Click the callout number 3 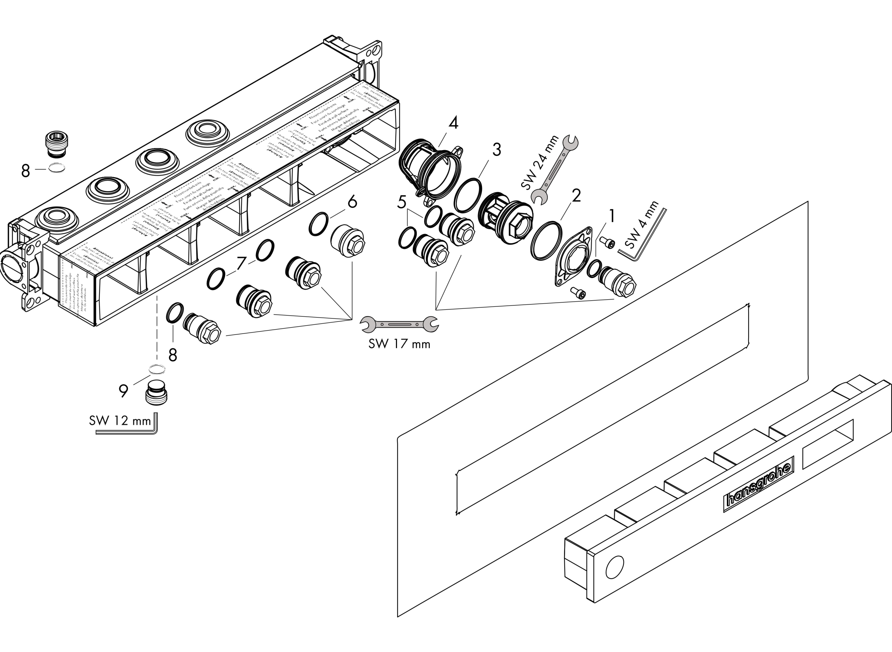pyautogui.click(x=496, y=150)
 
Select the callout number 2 pyautogui.click(x=576, y=196)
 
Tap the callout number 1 pyautogui.click(x=612, y=216)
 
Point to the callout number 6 pyautogui.click(x=352, y=202)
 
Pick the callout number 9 pyautogui.click(x=124, y=391)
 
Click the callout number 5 pyautogui.click(x=401, y=203)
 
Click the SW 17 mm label pyautogui.click(x=399, y=344)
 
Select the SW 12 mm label pyautogui.click(x=120, y=421)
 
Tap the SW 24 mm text pyautogui.click(x=539, y=162)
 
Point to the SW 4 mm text pyautogui.click(x=642, y=225)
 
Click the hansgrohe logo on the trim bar pyautogui.click(x=759, y=484)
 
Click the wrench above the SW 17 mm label pyautogui.click(x=399, y=324)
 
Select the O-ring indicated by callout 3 pyautogui.click(x=468, y=195)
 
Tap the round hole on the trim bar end pyautogui.click(x=614, y=567)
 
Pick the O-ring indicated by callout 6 pyautogui.click(x=318, y=224)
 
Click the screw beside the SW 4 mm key pyautogui.click(x=607, y=242)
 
